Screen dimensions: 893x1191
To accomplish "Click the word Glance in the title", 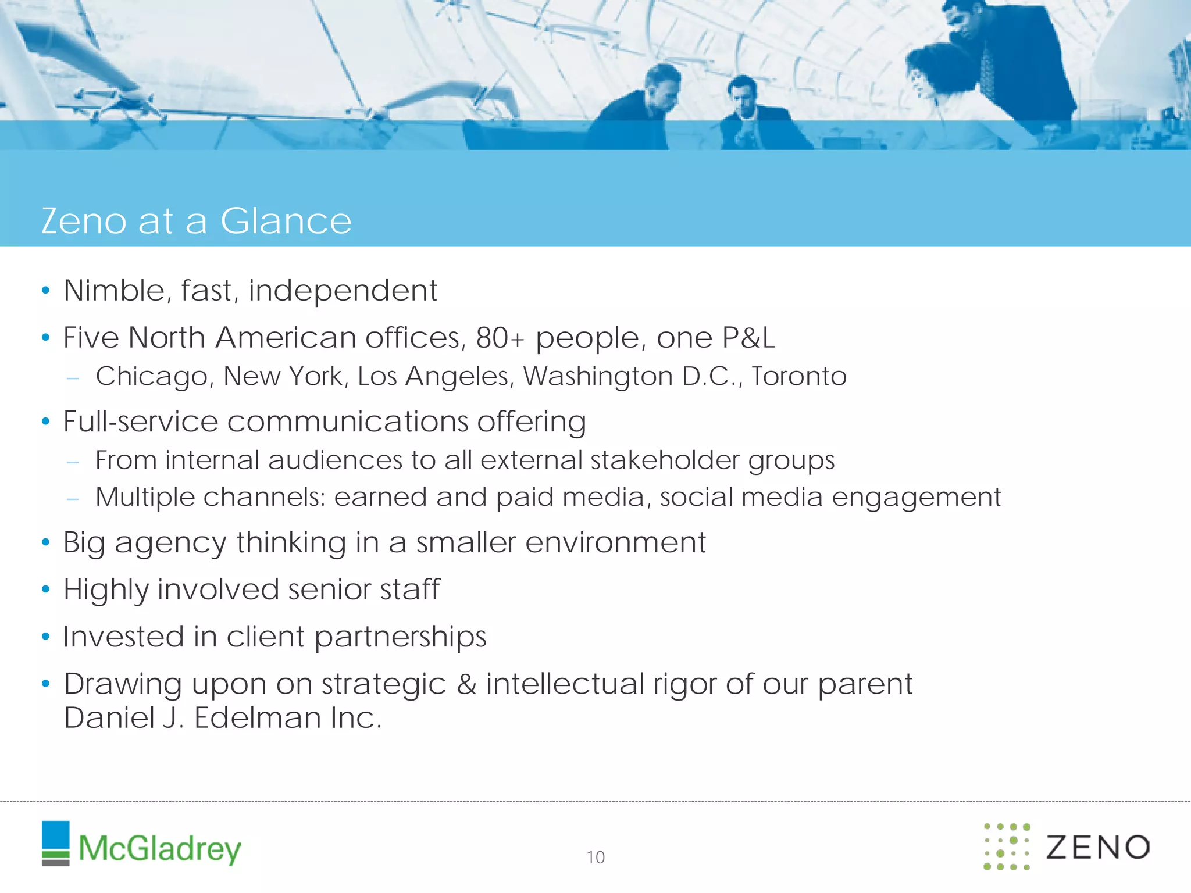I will point(286,221).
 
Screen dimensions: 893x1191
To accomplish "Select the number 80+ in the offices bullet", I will point(500,338).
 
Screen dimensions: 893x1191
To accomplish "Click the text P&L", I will point(748,338).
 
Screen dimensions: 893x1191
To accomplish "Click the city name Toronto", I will point(798,376).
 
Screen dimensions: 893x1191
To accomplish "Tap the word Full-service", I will point(140,422).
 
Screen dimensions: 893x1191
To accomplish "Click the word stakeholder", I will point(665,460).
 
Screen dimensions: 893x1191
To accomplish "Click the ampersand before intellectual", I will point(466,684).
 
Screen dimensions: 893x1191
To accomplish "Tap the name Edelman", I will point(257,718).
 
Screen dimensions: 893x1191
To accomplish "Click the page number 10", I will point(595,857).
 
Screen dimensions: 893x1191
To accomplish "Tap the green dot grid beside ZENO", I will point(1007,846).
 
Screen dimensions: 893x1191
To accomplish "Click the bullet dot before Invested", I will point(46,637).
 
